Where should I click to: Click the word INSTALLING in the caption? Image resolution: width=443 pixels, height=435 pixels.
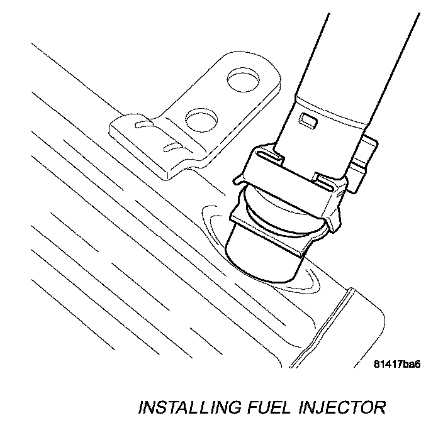pos(188,407)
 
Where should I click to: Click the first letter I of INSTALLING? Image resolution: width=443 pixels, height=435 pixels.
pos(142,407)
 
